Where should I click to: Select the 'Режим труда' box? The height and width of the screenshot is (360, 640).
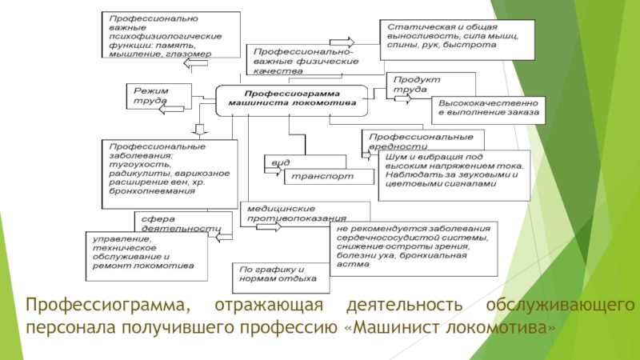[158, 96]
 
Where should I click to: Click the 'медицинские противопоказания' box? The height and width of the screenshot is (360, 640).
[303, 211]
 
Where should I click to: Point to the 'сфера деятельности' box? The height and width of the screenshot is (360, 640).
[175, 222]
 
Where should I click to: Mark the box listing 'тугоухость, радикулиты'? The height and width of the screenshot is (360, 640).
[170, 170]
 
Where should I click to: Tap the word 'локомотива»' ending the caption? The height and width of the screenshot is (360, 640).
[510, 328]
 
